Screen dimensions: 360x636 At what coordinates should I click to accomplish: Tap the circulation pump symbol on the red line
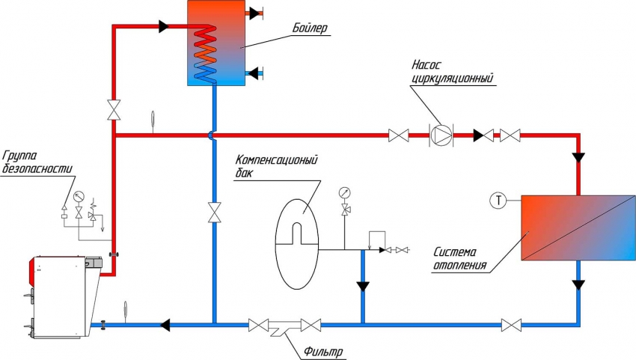pos(440,135)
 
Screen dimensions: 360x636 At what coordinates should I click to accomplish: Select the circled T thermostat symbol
pos(499,200)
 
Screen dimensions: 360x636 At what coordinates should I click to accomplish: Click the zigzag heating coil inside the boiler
pos(204,52)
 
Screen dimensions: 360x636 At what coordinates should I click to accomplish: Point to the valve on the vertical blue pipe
pos(215,212)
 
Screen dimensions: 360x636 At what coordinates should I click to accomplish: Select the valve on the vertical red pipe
pos(113,109)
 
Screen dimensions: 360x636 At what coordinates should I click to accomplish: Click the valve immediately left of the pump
pos(399,135)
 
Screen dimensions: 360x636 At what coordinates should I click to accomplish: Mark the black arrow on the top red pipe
pos(164,27)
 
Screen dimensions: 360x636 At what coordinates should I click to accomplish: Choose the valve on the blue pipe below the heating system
pos(512,325)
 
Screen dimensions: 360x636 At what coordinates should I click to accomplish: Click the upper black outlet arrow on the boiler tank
pos(255,13)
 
